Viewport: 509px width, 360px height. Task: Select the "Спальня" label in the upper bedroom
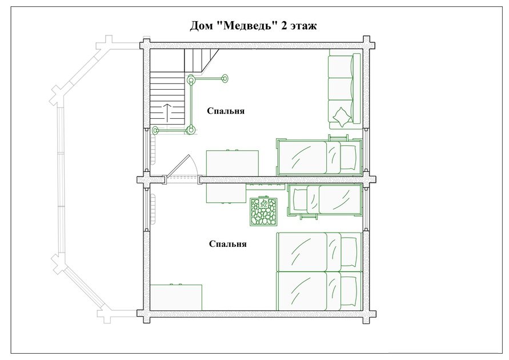click(x=226, y=111)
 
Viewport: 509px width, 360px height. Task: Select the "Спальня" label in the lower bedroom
click(x=227, y=244)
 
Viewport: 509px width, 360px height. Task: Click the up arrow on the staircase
click(x=167, y=112)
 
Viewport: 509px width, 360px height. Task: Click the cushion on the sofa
click(x=341, y=117)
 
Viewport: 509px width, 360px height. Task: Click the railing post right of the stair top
click(x=224, y=78)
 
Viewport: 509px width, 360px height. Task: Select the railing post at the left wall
click(x=156, y=130)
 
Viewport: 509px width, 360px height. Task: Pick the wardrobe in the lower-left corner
click(x=177, y=297)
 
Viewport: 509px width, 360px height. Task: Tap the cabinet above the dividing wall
click(x=233, y=163)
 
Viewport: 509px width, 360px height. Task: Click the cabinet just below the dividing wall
click(x=226, y=193)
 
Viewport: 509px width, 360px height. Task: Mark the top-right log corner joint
click(x=366, y=45)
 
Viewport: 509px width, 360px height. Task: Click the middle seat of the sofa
click(x=340, y=89)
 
